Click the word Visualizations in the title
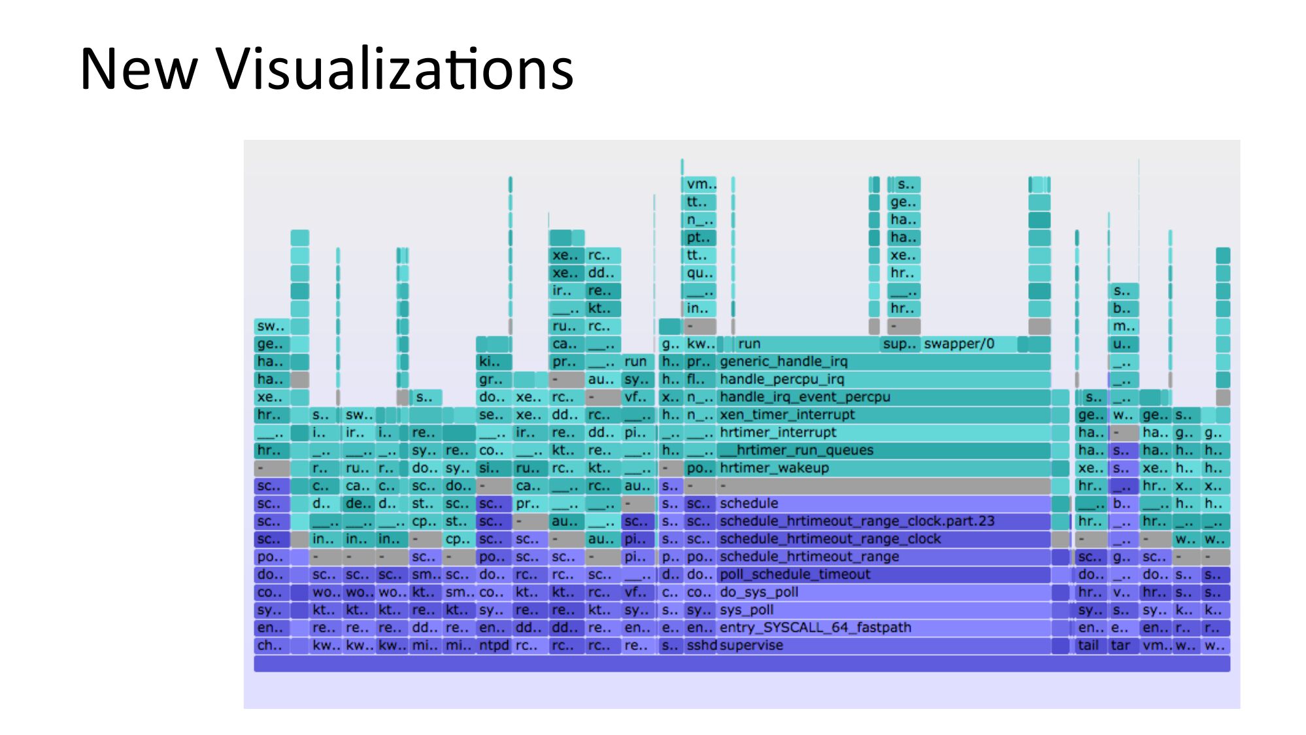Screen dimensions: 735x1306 (395, 69)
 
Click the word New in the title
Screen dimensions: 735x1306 (137, 69)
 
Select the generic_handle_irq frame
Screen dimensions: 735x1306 (882, 361)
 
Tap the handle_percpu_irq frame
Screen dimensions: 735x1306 (882, 379)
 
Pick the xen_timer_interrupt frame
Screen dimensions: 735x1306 (882, 414)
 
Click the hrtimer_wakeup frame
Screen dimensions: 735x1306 (882, 468)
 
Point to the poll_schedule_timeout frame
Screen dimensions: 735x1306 (882, 574)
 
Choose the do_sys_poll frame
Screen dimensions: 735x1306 (882, 592)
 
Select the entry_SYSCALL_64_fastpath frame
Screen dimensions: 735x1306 (882, 627)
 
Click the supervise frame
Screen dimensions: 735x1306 (882, 645)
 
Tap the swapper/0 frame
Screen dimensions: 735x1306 (967, 344)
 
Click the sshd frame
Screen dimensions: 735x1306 (701, 645)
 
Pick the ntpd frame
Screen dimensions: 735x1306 (494, 645)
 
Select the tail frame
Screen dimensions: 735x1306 (1088, 645)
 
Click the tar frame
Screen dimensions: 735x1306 (1120, 645)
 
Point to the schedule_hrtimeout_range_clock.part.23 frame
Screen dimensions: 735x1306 (882, 521)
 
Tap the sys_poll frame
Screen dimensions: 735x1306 (882, 610)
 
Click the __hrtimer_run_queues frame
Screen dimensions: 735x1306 (882, 450)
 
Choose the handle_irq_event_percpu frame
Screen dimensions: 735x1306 (882, 397)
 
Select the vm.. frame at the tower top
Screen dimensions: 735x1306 (699, 184)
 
